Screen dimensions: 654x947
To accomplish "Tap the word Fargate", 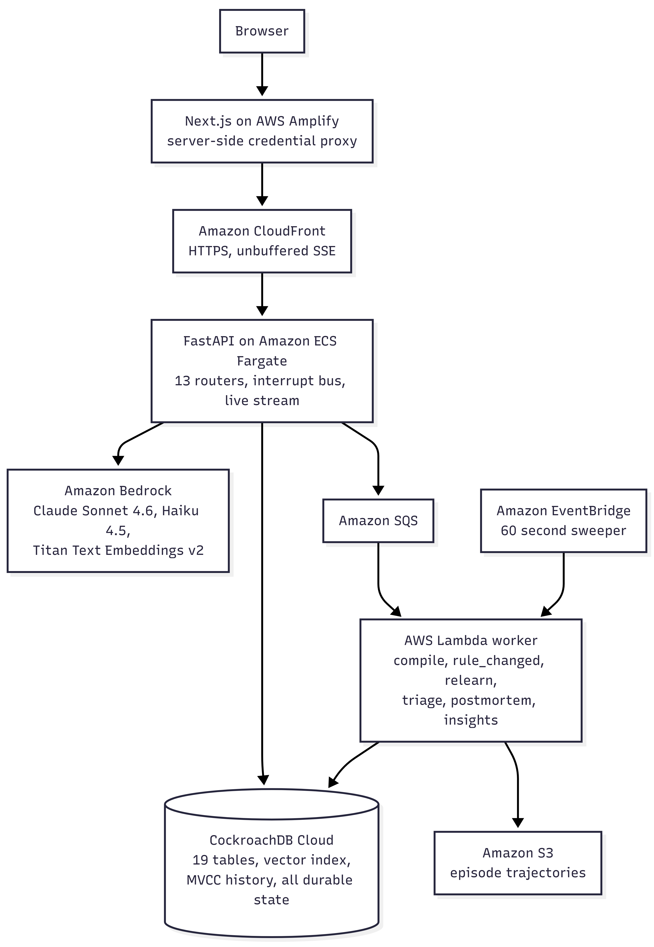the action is (x=262, y=361).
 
